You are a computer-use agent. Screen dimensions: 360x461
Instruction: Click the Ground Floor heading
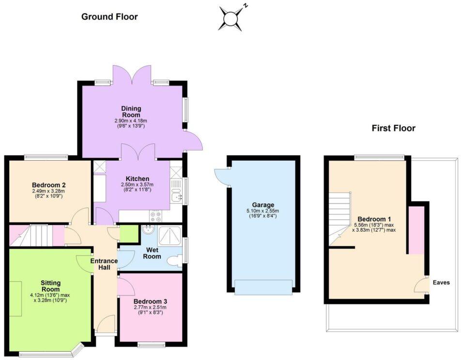coord(109,17)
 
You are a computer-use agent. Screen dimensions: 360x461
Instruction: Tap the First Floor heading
coord(393,128)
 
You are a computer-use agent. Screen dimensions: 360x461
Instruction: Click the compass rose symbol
coord(231,18)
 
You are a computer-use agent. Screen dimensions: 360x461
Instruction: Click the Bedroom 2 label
coord(49,185)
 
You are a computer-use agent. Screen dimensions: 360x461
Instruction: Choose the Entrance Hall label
coord(104,264)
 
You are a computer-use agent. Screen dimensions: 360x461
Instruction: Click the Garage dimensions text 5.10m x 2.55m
coord(262,211)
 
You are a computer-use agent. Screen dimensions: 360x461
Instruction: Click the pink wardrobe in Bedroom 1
coord(416,230)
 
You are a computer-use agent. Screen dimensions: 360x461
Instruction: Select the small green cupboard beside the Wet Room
coord(128,234)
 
